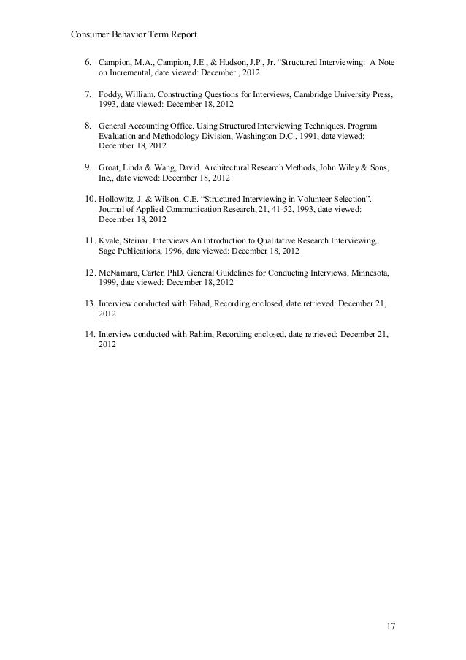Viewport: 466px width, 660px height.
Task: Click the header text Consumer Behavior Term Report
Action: (135, 34)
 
